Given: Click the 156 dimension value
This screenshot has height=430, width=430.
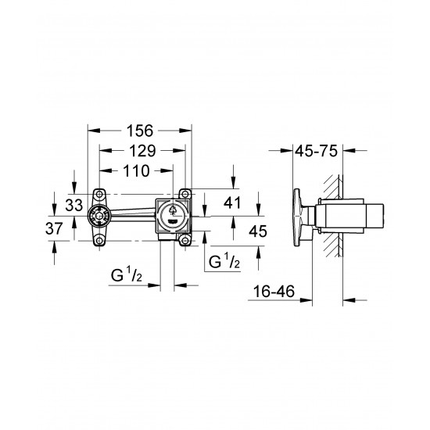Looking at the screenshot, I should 140,131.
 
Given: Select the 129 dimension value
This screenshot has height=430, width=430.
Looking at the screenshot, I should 140,150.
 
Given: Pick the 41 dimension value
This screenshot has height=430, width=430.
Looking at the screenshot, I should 231,202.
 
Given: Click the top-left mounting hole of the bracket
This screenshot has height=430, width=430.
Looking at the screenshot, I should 99,193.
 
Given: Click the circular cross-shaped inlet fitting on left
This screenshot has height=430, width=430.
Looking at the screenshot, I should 99,217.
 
